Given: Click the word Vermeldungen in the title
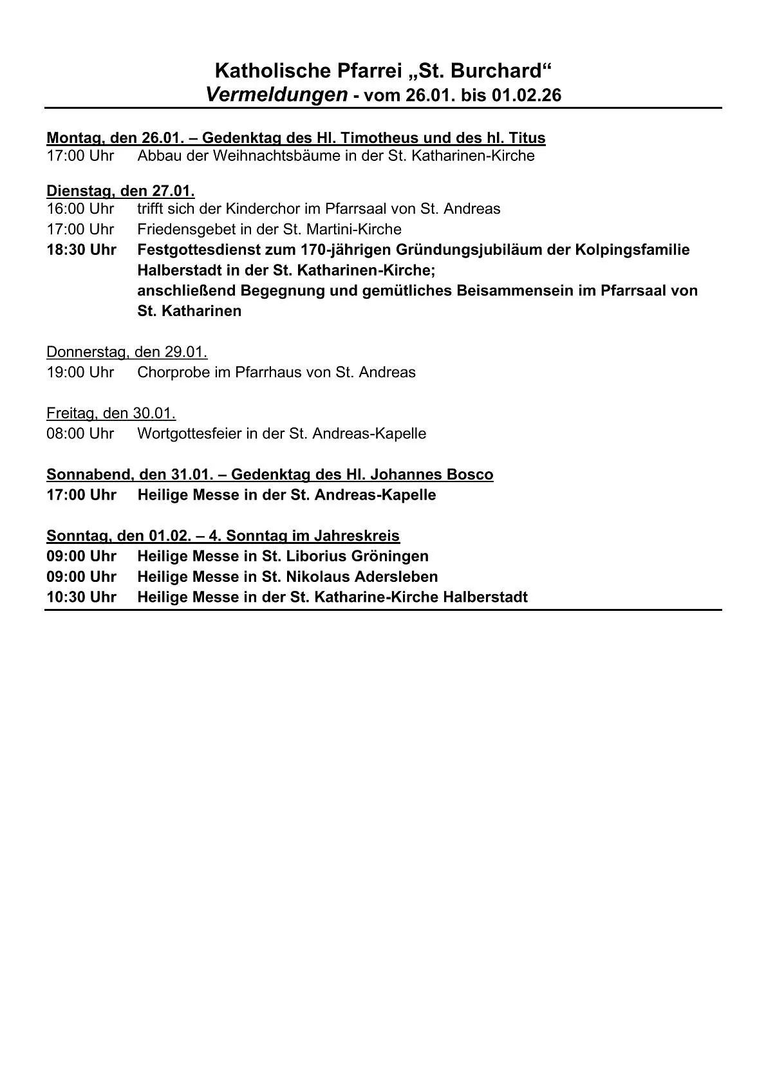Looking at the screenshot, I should pos(277,95).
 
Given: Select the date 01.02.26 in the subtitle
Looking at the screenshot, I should pos(527,96).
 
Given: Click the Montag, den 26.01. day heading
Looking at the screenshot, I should pos(120,138).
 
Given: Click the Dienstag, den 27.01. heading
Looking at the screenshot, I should pos(120,191).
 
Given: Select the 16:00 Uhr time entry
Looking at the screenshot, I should pos(80,209).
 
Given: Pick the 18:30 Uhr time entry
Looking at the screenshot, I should pos(81,250).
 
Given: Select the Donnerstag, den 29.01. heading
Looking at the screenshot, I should pos(127,352).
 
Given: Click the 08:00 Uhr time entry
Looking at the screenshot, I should pos(80,433).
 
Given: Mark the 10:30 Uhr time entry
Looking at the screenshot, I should pos(81,597).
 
